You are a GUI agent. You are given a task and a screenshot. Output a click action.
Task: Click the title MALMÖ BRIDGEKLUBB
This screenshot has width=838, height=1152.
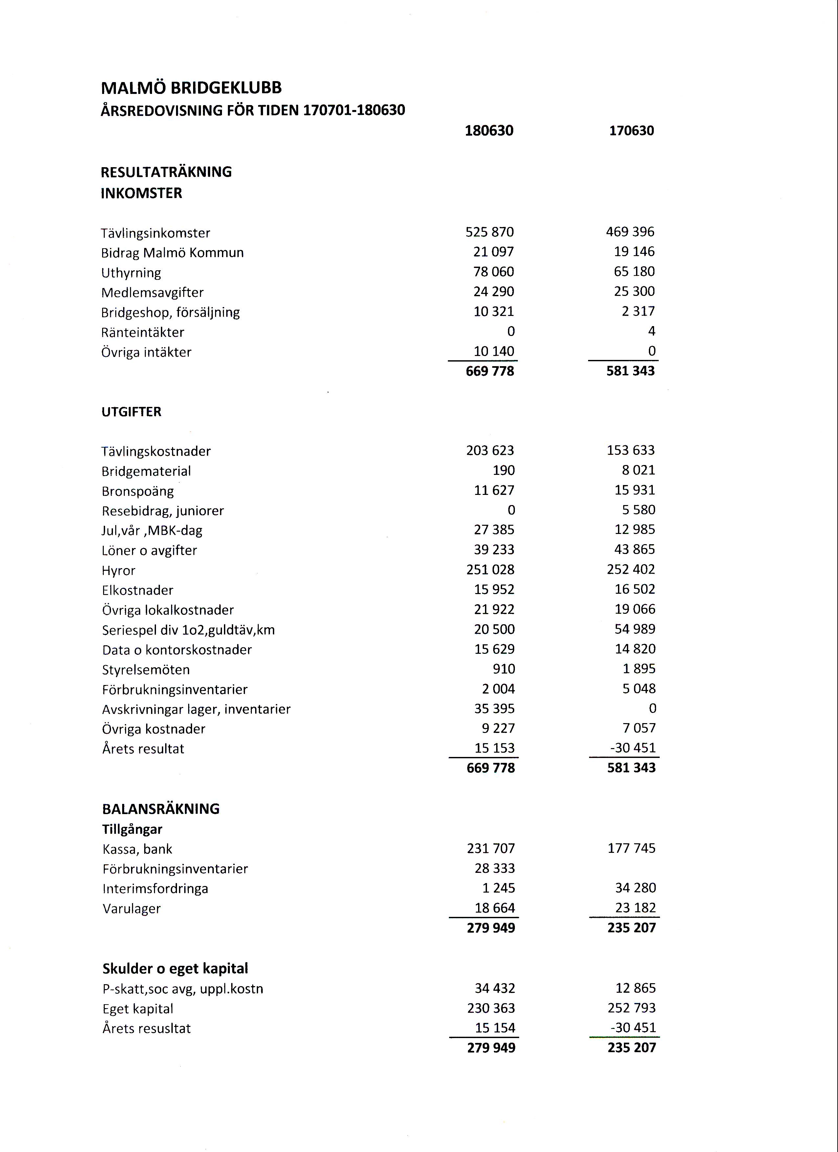[x=191, y=88]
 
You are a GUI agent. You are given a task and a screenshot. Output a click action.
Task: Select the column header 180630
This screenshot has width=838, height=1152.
[x=489, y=131]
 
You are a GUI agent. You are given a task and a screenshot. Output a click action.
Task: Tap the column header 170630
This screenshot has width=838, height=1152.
[x=631, y=131]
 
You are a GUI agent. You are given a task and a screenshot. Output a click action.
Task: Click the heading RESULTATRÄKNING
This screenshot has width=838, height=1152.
[x=166, y=172]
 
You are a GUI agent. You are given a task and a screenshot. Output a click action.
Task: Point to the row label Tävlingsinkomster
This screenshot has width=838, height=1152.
[x=155, y=233]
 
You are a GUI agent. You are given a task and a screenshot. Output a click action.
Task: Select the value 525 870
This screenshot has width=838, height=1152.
[x=490, y=232]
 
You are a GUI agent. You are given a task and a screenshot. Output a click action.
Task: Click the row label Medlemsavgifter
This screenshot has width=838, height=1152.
[x=152, y=293]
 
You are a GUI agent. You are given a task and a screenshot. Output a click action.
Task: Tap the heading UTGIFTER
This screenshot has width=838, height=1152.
[x=131, y=412]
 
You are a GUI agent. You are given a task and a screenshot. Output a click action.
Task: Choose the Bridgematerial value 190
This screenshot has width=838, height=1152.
[x=503, y=470]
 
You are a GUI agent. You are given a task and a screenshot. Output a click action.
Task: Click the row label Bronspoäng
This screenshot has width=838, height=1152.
[x=138, y=492]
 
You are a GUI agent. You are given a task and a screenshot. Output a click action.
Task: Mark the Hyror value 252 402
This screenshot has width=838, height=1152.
[x=631, y=569]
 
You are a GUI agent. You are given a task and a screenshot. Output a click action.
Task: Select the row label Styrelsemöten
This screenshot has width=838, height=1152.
[x=146, y=670]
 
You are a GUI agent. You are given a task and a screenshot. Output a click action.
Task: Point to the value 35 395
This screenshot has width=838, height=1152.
[x=494, y=709]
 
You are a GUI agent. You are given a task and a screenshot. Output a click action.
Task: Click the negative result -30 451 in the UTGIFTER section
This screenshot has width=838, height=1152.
[x=633, y=748]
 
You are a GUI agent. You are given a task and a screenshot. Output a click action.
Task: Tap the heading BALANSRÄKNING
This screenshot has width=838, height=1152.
[x=161, y=809]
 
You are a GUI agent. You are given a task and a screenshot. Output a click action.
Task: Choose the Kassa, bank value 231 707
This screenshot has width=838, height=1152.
[x=491, y=849]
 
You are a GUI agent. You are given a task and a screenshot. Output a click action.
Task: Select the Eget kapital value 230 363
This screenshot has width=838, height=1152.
[x=491, y=1008]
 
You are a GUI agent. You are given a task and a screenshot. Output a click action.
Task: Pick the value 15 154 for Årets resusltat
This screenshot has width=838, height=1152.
[x=495, y=1028]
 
